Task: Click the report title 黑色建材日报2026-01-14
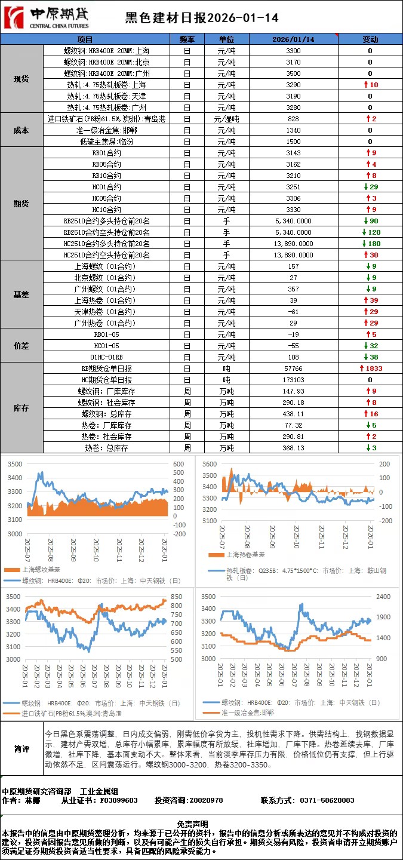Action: point(201,18)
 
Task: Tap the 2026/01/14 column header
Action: point(293,39)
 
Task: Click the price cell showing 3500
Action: point(293,73)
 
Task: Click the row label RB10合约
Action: point(107,176)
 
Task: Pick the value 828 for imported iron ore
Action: point(293,119)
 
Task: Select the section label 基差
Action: point(21,294)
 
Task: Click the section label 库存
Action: point(21,408)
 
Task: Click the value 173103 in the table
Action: point(293,380)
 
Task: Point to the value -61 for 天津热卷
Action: point(293,312)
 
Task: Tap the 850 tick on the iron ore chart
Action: point(176,597)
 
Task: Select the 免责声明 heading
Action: point(201,824)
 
